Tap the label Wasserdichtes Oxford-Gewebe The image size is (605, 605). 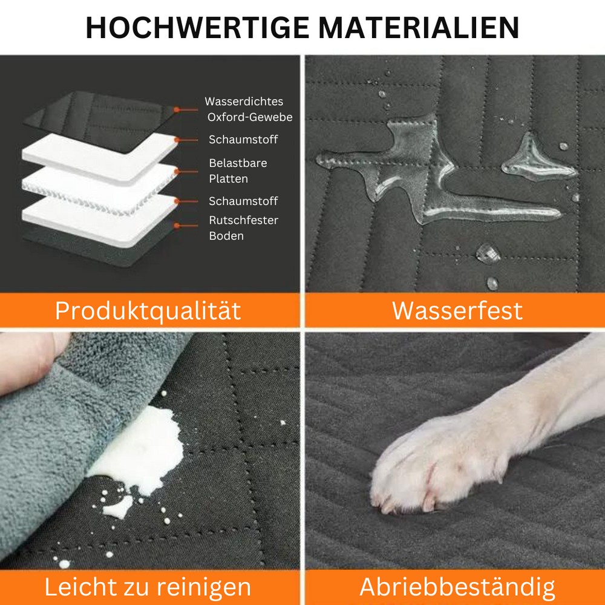(x=249, y=110)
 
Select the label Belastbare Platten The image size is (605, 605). (x=238, y=171)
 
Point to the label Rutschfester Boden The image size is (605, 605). (x=243, y=228)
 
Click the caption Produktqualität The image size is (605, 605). (x=148, y=310)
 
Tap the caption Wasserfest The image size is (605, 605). (x=457, y=310)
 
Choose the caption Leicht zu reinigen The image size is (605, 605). (x=148, y=587)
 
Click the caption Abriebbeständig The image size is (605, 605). (x=457, y=587)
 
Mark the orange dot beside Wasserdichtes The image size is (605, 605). (x=177, y=110)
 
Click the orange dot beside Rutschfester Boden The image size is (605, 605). (x=177, y=226)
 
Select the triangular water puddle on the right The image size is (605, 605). (x=535, y=160)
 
